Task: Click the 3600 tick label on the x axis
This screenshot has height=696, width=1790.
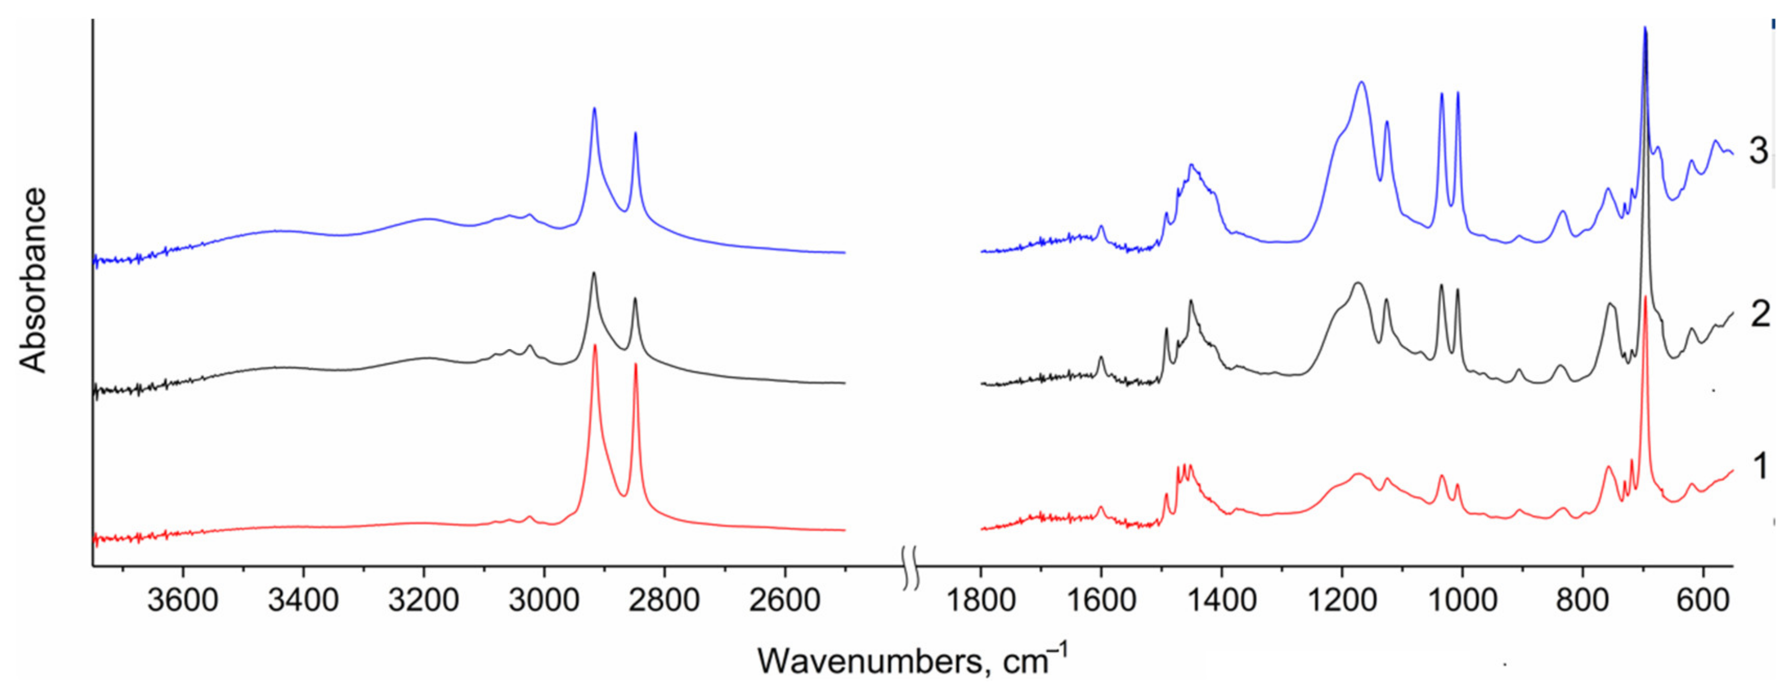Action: (183, 600)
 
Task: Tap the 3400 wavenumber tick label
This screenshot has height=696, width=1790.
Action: (303, 600)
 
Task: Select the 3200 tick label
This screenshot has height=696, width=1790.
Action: (424, 600)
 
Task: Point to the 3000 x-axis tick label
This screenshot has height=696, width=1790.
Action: (544, 600)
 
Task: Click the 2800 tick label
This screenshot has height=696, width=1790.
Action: (665, 600)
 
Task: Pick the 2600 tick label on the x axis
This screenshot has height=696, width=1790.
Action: (785, 600)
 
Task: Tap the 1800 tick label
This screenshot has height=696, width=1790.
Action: (980, 600)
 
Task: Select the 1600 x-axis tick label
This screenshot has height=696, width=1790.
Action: (1100, 600)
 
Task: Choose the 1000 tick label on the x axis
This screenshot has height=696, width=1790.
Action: (1463, 600)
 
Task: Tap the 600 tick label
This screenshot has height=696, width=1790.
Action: (1703, 600)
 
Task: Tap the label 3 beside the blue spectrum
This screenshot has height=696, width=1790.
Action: (1759, 150)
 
